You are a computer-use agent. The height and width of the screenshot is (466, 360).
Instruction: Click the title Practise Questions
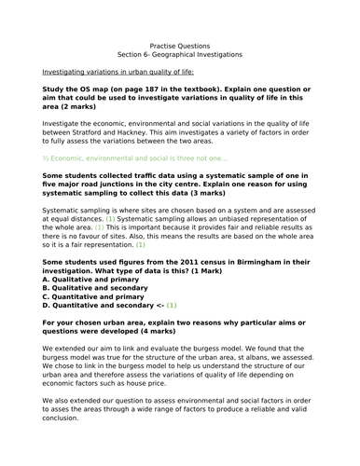[180, 44]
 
